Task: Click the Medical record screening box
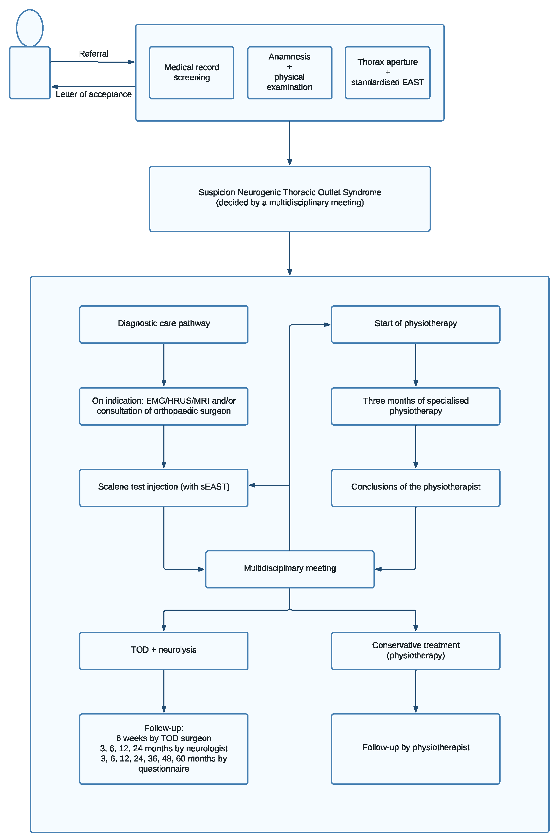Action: click(192, 73)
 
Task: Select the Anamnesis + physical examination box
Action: click(290, 72)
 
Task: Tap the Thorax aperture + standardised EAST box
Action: click(388, 72)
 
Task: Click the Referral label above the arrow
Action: click(94, 54)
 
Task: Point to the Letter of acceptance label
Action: click(94, 94)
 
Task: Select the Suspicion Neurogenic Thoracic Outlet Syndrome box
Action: click(290, 199)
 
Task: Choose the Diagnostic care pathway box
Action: click(164, 324)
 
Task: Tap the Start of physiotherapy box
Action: click(416, 324)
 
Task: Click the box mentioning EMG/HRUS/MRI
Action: click(164, 406)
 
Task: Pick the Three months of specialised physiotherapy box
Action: click(416, 406)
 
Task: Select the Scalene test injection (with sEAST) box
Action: click(164, 487)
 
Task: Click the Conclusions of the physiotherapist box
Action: click(416, 487)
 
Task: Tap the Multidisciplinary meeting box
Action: click(290, 569)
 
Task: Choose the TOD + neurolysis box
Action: click(164, 650)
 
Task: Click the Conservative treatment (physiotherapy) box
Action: click(416, 650)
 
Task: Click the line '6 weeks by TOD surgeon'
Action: click(164, 738)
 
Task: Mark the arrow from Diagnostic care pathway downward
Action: click(164, 365)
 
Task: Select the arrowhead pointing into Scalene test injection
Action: click(252, 485)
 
